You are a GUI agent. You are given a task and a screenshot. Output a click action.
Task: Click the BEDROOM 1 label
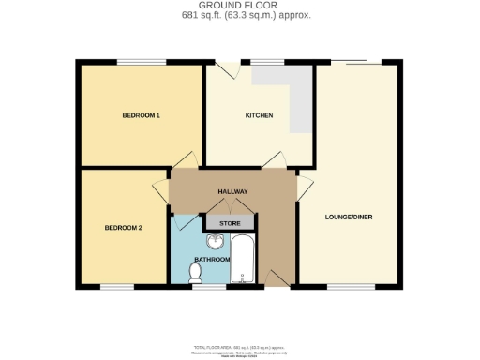tap(142, 115)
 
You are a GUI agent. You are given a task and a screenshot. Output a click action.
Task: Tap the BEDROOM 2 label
tap(123, 228)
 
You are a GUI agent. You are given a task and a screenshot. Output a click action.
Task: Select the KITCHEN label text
tap(259, 115)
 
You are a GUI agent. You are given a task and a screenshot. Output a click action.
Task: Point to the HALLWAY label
tap(232, 192)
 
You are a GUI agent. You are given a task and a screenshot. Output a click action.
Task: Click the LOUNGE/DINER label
tap(349, 217)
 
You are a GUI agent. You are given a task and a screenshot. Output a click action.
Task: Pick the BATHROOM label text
tap(212, 259)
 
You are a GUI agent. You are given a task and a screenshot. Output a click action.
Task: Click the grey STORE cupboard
tap(230, 224)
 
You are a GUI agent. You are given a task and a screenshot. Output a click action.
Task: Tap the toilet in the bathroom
tap(195, 272)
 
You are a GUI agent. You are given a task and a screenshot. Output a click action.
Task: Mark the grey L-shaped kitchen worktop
tap(298, 98)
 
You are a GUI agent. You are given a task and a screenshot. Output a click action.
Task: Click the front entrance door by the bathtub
tap(274, 277)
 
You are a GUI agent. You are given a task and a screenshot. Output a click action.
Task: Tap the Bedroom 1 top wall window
tap(142, 63)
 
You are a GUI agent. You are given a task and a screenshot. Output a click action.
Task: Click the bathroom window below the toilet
tap(207, 286)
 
